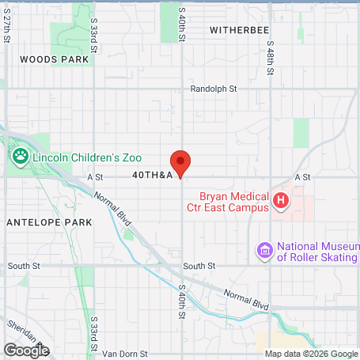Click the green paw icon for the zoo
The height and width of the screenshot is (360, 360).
20,157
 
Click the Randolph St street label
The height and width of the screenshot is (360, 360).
214,89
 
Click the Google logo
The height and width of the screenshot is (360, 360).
26,349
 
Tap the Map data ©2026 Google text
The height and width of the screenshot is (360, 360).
311,354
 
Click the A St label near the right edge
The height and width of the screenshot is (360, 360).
301,177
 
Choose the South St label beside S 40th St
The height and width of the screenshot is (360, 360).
199,266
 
